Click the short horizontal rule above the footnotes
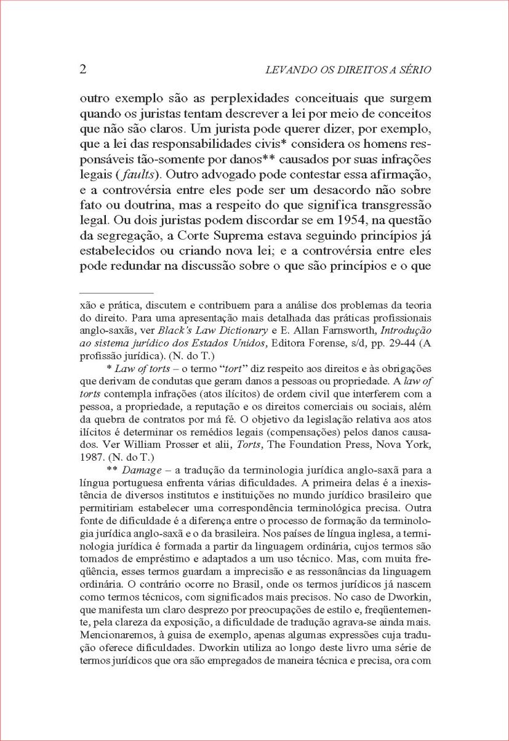[x=116, y=293]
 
